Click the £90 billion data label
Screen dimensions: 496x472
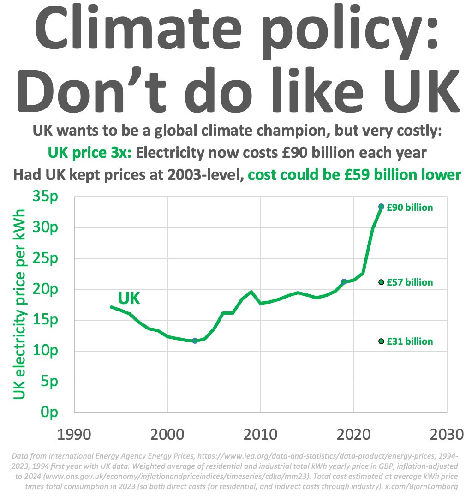(x=410, y=208)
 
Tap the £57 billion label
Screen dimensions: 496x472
(x=410, y=282)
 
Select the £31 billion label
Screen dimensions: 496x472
(x=410, y=341)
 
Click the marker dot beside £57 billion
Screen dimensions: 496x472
(x=381, y=282)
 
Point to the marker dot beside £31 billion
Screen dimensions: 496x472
(x=381, y=341)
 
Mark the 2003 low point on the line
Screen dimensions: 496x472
(x=195, y=341)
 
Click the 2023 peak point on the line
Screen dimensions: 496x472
(x=381, y=207)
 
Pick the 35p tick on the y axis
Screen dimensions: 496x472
(x=45, y=197)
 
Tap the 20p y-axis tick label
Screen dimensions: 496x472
(x=45, y=289)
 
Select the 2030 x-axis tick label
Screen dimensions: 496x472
(x=446, y=435)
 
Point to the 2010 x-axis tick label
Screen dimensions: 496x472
(x=261, y=435)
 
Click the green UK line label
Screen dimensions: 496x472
(x=129, y=299)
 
